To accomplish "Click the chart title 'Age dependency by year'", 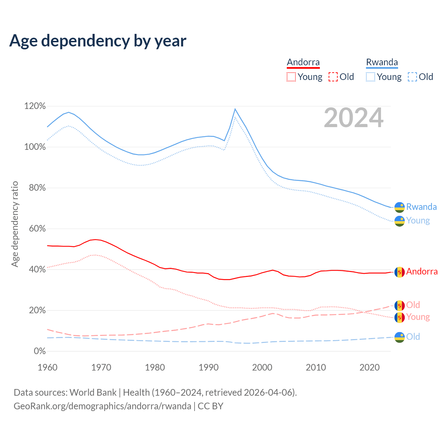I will point(98,41).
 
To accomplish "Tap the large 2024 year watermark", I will point(353,118).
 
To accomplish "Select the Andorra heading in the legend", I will point(303,62).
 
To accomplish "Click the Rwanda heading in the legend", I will point(382,62).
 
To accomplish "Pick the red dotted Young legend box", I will point(291,77).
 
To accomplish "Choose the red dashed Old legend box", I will point(333,77).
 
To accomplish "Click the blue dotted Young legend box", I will point(371,77).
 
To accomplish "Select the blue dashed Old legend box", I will point(412,77).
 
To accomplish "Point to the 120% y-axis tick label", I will point(35,106).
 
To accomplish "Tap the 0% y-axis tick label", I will point(39,351).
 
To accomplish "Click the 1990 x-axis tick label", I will point(208,367).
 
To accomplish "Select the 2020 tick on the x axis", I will point(369,367).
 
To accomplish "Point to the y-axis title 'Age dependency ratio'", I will point(15,224).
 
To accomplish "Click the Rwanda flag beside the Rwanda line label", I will point(400,207).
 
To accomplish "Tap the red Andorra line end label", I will point(422,272).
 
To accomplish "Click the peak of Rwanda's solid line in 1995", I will point(235,109).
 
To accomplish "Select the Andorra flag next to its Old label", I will point(400,306).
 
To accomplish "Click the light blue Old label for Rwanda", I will point(413,337).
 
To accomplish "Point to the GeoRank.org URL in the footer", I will point(102,406).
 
